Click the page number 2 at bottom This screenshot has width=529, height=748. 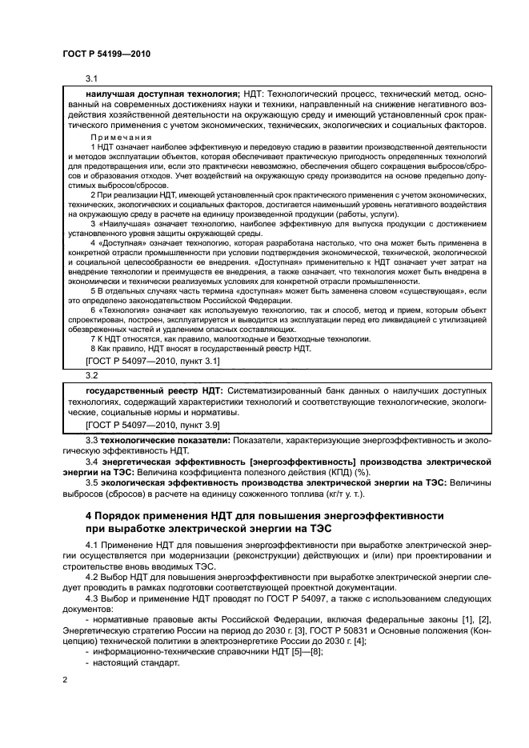click(65, 679)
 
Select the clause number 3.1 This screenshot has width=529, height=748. click(91, 78)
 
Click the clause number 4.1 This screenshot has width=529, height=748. click(91, 546)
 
